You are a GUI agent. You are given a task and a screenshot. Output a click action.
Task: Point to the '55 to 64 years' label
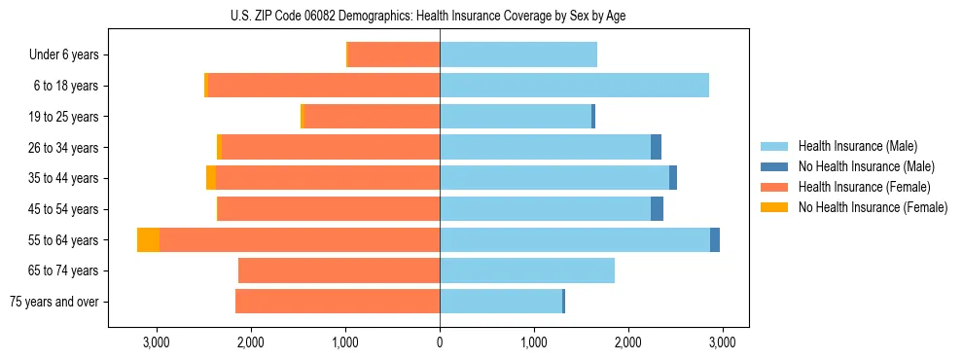pos(63,240)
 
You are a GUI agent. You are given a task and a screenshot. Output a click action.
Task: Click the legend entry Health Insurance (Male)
pos(857,146)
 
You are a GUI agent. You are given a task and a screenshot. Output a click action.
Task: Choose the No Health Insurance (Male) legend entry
pos(866,166)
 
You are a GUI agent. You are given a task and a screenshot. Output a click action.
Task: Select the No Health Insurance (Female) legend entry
pos(872,207)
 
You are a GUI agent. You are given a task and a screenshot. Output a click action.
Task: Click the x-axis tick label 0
pos(440,342)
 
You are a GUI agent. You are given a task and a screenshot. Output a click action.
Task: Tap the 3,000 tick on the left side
pos(157,342)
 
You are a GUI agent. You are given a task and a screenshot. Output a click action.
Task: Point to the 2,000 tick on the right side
pos(628,342)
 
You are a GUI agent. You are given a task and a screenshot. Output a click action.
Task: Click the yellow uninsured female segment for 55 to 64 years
pos(148,240)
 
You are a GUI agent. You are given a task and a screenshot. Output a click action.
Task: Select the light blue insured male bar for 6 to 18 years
pos(574,86)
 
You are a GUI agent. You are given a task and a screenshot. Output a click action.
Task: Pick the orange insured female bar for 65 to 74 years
pos(339,270)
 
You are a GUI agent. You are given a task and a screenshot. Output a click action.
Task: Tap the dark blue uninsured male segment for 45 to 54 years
pos(657,209)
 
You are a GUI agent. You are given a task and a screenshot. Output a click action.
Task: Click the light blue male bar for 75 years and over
pos(501,302)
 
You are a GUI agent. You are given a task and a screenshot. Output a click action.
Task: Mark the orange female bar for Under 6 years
pos(394,54)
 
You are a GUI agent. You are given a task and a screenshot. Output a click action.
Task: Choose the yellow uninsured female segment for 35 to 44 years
pos(211,178)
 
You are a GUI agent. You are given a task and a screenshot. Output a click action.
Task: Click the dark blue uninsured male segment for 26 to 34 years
pos(656,147)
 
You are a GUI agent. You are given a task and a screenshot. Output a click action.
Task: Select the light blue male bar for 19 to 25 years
pos(516,117)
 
